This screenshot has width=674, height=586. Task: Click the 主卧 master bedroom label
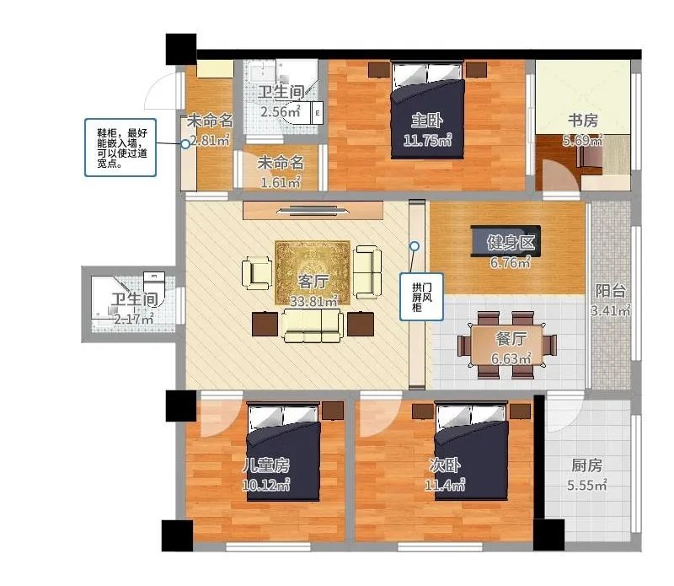coord(427,121)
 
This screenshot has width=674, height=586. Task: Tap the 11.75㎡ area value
coord(428,139)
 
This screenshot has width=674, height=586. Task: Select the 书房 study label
coord(583,121)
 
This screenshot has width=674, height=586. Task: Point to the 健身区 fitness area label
coord(511,243)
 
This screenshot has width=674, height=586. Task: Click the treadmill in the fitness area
coord(505,241)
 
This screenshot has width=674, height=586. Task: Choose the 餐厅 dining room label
coord(511,339)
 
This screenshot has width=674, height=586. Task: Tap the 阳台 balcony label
coord(610,291)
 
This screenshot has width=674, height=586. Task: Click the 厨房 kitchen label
coord(586,465)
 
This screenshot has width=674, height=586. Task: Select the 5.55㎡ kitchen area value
coord(586,485)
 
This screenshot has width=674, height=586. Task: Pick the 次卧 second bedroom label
coord(445,465)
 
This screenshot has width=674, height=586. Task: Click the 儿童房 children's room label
coord(266,465)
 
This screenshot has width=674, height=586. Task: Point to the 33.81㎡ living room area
coord(313,301)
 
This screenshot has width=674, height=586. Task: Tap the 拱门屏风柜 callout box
coord(421,297)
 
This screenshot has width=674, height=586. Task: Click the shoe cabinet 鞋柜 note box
coord(120,148)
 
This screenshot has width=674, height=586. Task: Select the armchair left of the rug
coord(257,273)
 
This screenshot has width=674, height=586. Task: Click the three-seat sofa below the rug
coord(313,325)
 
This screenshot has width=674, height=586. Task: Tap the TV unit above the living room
coord(313,211)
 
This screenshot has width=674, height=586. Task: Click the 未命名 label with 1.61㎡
coord(281,163)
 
